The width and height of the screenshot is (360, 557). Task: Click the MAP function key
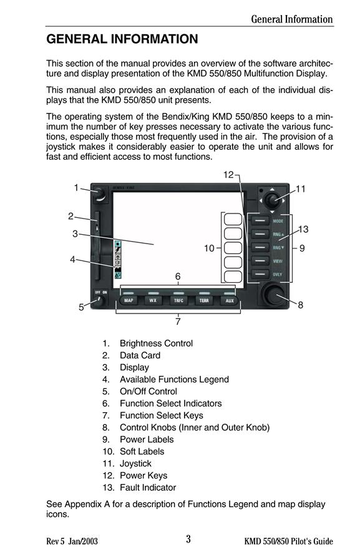point(129,300)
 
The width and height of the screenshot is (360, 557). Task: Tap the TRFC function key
point(178,300)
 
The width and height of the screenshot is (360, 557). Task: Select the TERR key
point(204,300)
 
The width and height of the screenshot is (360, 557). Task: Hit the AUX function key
point(230,300)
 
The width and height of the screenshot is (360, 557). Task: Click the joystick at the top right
point(272,200)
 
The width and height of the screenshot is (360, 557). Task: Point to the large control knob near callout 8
point(274,295)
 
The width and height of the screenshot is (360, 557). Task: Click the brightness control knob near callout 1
point(99,194)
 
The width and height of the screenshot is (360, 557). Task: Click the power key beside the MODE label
point(260,220)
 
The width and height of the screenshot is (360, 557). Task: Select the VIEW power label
point(278,261)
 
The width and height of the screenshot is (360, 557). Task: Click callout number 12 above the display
point(228,175)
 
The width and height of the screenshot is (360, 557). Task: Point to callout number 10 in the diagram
point(209,248)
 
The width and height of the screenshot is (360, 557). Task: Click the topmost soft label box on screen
point(233,219)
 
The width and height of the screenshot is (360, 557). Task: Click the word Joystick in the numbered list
point(135,463)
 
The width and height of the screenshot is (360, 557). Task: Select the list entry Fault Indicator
point(148,487)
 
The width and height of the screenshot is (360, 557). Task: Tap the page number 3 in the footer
point(188,539)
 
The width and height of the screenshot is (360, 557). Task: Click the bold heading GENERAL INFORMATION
point(122,39)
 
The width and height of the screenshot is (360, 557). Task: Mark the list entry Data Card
point(140,355)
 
